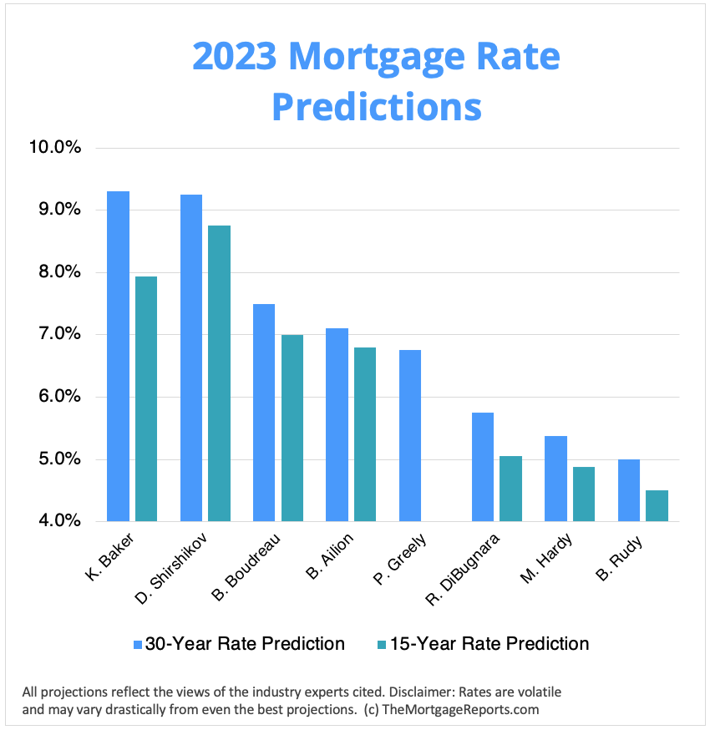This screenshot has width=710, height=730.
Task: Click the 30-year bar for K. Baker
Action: tap(119, 357)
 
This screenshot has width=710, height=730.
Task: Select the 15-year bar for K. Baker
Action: tap(146, 399)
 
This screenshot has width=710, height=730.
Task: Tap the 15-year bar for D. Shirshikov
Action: tap(219, 373)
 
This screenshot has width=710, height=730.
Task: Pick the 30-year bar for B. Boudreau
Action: tap(264, 413)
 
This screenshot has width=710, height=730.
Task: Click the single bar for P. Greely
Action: tap(409, 435)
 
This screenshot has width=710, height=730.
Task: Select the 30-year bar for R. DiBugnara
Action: tap(482, 467)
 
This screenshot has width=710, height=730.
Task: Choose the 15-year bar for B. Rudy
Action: tap(657, 505)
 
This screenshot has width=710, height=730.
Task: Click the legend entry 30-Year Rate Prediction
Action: tap(245, 644)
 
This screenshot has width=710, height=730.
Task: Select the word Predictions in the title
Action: tap(377, 106)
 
